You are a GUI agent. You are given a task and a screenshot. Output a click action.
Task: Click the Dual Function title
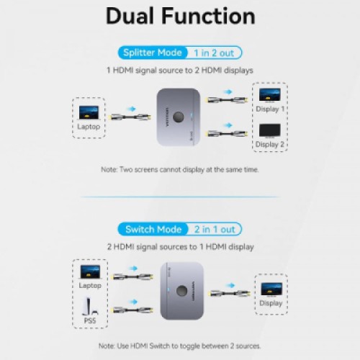click(x=180, y=16)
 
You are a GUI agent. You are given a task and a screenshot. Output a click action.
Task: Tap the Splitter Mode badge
click(x=153, y=52)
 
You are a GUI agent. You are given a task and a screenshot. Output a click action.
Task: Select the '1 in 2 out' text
click(x=214, y=52)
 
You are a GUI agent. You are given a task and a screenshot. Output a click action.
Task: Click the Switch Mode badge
click(x=154, y=229)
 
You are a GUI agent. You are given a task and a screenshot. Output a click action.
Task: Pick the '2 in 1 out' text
click(x=214, y=229)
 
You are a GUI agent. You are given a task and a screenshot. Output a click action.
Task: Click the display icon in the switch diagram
click(x=271, y=289)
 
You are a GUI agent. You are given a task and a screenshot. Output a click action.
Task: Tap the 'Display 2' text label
click(x=270, y=144)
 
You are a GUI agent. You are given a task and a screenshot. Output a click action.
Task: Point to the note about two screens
click(x=180, y=169)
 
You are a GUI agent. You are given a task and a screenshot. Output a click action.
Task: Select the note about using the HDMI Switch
click(x=180, y=346)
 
